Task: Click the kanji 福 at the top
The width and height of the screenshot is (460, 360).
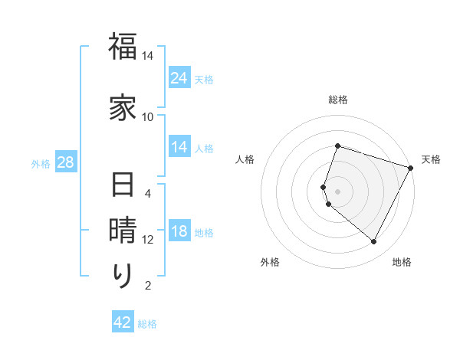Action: pyautogui.click(x=123, y=47)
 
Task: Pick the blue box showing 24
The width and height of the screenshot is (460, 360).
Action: pyautogui.click(x=179, y=77)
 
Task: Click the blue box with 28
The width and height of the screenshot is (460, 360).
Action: pyautogui.click(x=65, y=162)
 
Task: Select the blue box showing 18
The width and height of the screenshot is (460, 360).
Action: pyautogui.click(x=179, y=232)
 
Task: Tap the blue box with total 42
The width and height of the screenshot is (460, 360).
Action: pyautogui.click(x=123, y=322)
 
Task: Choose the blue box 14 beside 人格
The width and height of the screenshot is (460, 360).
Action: pyautogui.click(x=179, y=148)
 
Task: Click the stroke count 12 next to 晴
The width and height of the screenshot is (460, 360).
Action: pyautogui.click(x=148, y=240)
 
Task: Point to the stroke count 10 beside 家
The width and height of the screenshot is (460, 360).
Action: pyautogui.click(x=148, y=116)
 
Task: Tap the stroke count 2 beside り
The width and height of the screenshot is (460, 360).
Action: pyautogui.click(x=148, y=286)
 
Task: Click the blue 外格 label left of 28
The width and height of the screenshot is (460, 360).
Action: pyautogui.click(x=41, y=163)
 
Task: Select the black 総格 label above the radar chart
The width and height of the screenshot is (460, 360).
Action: pyautogui.click(x=337, y=100)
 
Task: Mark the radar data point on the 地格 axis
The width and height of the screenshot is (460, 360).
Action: pyautogui.click(x=374, y=242)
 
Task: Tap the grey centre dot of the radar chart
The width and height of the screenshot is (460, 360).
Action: pyautogui.click(x=337, y=191)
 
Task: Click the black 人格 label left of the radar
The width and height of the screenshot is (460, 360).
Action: pyautogui.click(x=245, y=159)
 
